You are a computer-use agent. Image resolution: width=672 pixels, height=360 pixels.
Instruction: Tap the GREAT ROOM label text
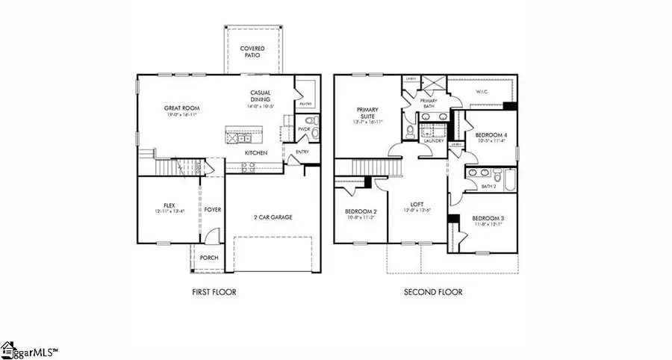pos(179,108)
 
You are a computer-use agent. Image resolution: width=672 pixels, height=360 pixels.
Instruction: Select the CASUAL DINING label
pos(260,96)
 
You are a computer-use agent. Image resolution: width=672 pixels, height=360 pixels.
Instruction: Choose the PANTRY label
pos(305,105)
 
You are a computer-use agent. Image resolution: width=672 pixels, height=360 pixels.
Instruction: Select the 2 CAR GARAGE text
pos(271,217)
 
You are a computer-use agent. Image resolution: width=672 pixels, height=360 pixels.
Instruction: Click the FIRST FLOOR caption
pos(214,292)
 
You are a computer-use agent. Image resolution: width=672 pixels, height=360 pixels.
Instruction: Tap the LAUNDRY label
pos(434,140)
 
